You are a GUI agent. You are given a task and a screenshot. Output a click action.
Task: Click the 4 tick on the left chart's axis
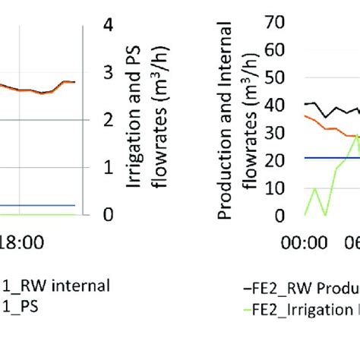click(x=109, y=24)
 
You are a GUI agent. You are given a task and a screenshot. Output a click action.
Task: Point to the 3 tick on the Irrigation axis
click(x=109, y=72)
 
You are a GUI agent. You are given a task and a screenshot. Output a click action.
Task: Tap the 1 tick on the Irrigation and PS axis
click(x=109, y=167)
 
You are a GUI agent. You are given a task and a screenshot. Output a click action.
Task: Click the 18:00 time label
click(x=17, y=244)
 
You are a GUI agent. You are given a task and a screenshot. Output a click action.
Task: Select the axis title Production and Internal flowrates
click(x=236, y=119)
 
